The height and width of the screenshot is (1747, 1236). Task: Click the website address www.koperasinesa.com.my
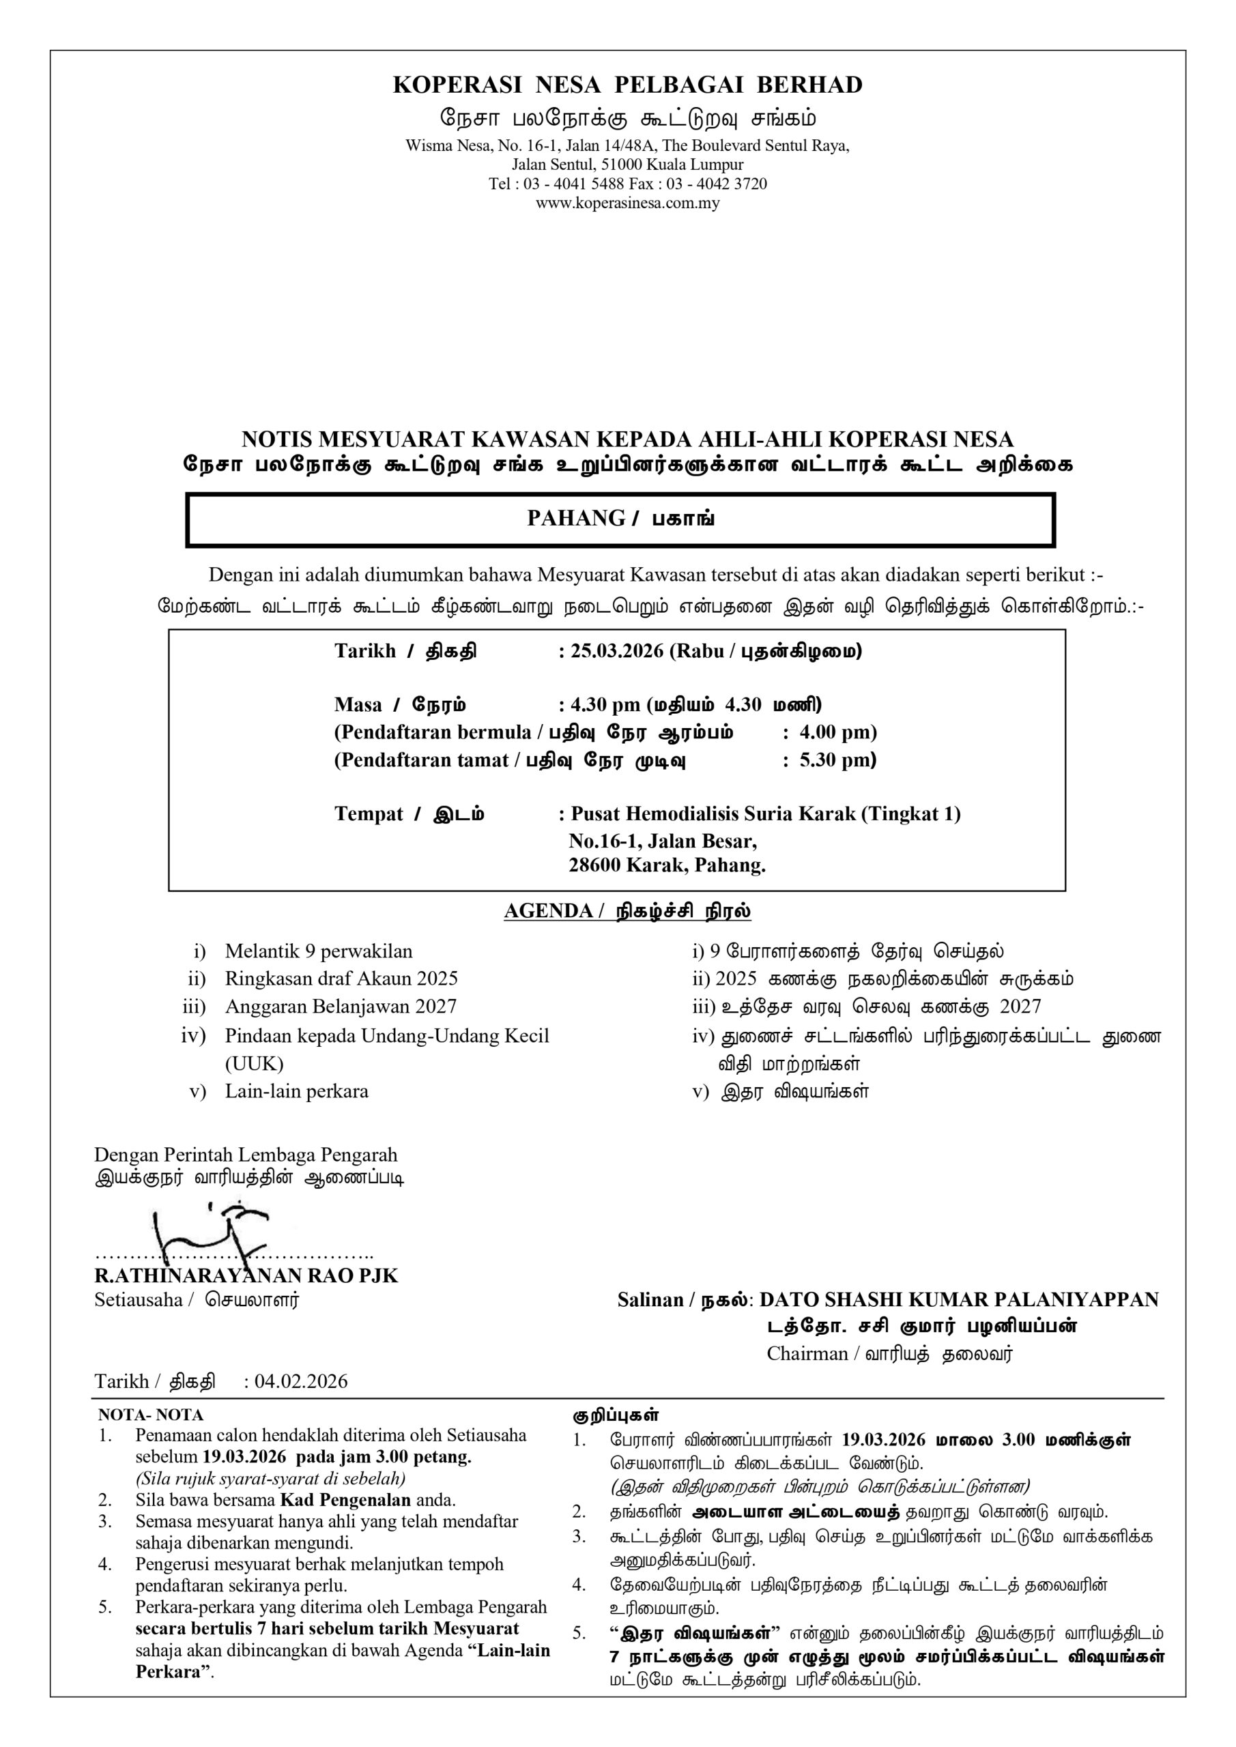pyautogui.click(x=627, y=203)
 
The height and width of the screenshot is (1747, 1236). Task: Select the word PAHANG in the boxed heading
pyautogui.click(x=575, y=519)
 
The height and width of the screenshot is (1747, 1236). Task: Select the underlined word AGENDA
pyautogui.click(x=548, y=912)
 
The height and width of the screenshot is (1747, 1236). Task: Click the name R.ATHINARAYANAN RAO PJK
pyautogui.click(x=246, y=1276)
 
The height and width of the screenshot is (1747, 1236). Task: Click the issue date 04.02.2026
pyautogui.click(x=302, y=1381)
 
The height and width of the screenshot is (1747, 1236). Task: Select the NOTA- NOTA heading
pyautogui.click(x=150, y=1415)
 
